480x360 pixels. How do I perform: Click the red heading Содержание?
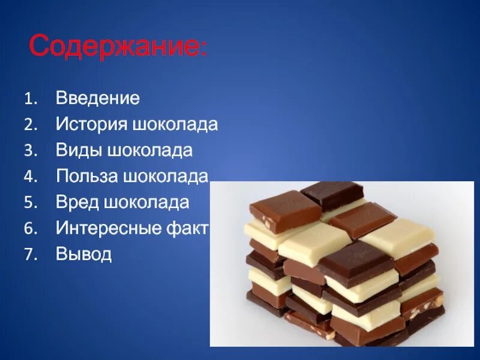point(115,46)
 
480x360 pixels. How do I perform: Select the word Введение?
point(98,98)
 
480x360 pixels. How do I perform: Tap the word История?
point(92,125)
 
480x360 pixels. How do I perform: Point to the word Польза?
point(88,176)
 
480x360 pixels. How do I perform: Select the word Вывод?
point(84,254)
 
